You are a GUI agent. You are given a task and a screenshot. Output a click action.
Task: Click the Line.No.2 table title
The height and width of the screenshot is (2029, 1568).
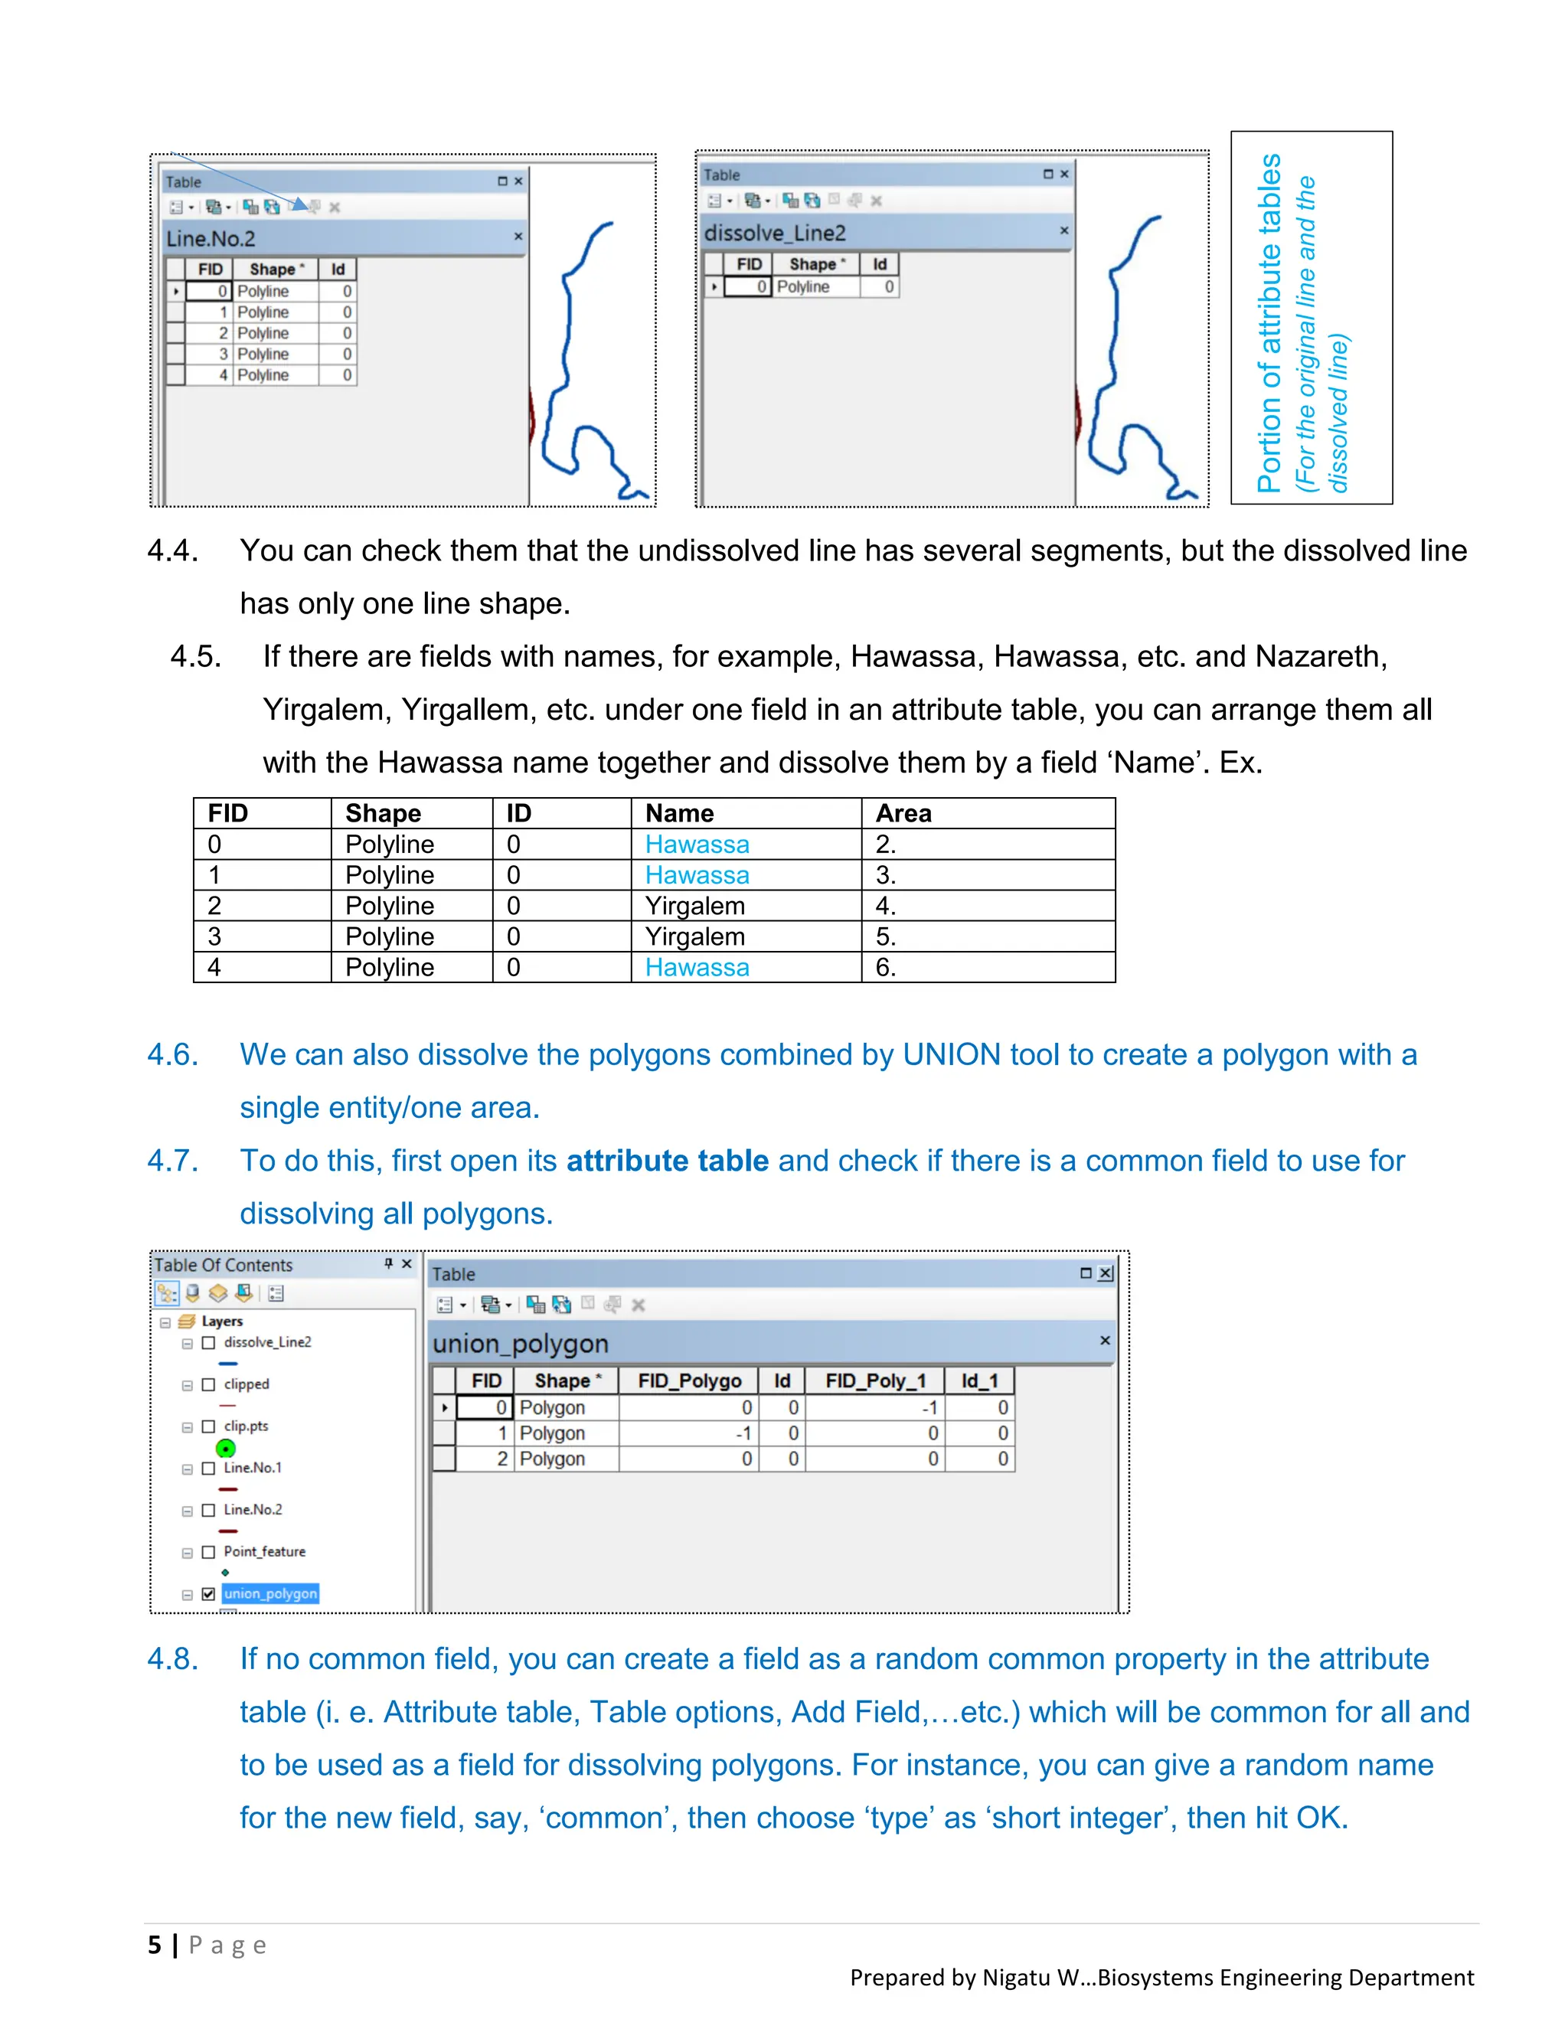click(211, 239)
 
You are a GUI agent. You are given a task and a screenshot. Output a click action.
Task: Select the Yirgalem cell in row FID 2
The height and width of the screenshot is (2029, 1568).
click(695, 906)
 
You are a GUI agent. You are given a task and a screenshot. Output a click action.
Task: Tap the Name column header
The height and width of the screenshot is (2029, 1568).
click(679, 813)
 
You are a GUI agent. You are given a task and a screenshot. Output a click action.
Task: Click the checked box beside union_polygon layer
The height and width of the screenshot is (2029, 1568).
click(208, 1593)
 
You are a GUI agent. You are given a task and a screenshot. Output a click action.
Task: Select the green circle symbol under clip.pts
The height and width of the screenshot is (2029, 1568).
click(226, 1449)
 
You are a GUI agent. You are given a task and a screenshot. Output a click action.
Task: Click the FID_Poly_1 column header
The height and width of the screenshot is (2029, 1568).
click(875, 1380)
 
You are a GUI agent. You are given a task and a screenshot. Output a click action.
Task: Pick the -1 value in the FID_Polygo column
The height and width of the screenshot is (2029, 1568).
click(743, 1433)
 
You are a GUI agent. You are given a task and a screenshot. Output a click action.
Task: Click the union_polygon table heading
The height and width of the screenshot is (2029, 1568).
click(520, 1344)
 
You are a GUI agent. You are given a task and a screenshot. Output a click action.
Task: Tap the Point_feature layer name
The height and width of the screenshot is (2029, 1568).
click(264, 1551)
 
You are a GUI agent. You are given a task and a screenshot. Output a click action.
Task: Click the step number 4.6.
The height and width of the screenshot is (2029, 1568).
click(173, 1054)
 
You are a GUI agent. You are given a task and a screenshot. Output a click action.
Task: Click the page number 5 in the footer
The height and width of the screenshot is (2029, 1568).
click(154, 1945)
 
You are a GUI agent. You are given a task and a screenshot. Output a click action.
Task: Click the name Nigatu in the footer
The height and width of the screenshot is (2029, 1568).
click(1016, 1977)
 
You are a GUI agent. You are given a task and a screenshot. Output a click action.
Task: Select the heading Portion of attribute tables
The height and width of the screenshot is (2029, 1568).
click(1269, 322)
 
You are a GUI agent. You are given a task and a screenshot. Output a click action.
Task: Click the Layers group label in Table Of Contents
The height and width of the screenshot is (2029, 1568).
click(222, 1321)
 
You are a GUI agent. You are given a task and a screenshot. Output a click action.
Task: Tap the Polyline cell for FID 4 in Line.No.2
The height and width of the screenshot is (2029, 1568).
click(263, 375)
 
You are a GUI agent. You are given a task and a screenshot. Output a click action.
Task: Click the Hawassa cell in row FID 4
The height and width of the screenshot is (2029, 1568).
click(697, 967)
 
